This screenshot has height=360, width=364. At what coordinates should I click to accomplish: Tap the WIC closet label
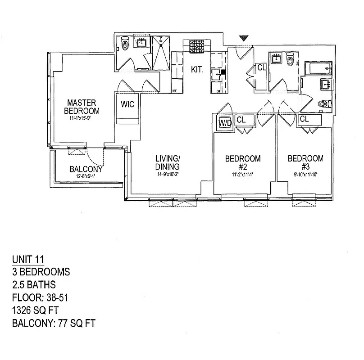(x=127, y=104)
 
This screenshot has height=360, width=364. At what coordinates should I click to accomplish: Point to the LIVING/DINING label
(x=168, y=162)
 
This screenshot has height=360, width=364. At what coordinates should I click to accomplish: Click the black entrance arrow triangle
(x=243, y=39)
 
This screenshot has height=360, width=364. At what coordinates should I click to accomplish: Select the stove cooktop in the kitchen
(x=196, y=46)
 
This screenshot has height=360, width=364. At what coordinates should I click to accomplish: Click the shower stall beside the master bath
(x=161, y=54)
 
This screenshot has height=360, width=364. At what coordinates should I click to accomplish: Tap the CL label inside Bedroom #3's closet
(x=304, y=119)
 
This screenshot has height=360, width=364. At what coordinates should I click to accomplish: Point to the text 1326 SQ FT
(x=35, y=310)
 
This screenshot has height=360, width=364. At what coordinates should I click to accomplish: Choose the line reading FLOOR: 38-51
(x=39, y=297)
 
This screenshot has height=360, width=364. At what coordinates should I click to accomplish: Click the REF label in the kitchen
(x=175, y=91)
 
